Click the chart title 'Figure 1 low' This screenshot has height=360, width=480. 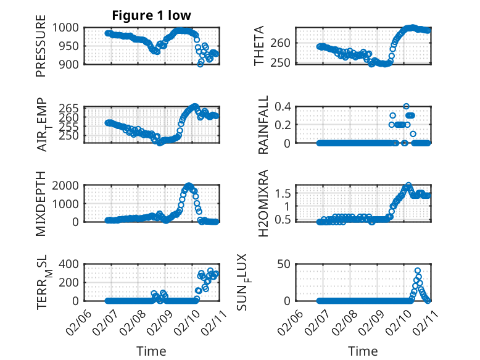point(151,15)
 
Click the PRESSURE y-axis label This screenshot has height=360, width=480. point(41,50)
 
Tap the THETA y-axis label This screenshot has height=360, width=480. point(259,46)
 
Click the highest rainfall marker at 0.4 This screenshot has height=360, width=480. point(406,106)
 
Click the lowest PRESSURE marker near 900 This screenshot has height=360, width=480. point(200,64)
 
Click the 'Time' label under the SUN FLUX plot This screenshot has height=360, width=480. point(363,351)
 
